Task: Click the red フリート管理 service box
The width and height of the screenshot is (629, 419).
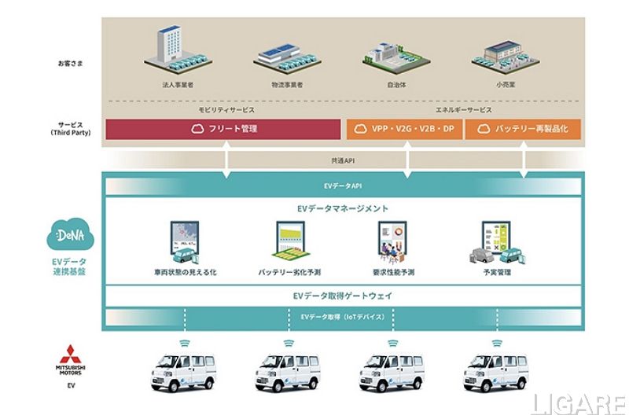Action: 223,129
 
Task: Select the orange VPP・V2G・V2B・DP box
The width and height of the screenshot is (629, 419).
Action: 405,129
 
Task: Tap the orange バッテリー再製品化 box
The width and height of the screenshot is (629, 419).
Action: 523,129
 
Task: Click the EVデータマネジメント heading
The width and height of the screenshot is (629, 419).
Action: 342,208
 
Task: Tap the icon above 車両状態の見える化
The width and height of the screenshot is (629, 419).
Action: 185,241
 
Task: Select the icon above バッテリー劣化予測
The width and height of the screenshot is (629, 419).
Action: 290,241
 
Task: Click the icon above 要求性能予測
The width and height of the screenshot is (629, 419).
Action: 394,241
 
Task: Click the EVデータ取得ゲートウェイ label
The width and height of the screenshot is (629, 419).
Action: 342,296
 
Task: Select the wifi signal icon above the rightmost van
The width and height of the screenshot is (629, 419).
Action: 497,343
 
